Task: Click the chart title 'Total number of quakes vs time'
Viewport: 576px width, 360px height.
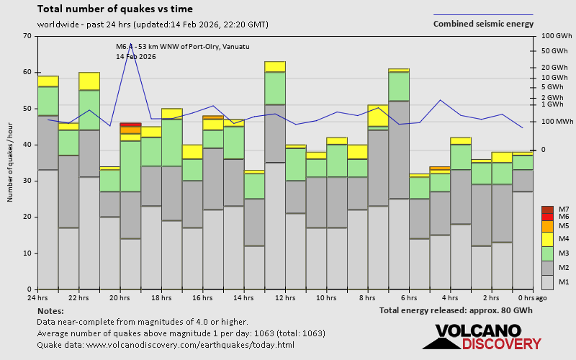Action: click(x=114, y=9)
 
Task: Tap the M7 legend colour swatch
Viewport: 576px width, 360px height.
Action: click(x=547, y=210)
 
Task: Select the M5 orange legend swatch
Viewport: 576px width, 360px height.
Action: click(x=547, y=226)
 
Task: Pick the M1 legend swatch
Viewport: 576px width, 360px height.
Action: click(x=547, y=281)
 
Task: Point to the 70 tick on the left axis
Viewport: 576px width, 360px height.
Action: click(x=27, y=36)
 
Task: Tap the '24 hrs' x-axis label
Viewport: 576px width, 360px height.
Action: click(x=37, y=297)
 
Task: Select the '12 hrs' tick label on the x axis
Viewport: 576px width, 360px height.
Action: click(x=285, y=297)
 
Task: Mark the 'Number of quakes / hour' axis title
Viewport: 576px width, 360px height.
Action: click(x=11, y=163)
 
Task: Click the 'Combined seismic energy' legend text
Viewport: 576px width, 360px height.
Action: click(x=483, y=24)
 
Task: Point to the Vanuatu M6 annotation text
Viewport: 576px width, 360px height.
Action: click(x=183, y=47)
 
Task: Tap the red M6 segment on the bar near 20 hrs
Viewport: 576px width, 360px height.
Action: click(x=130, y=125)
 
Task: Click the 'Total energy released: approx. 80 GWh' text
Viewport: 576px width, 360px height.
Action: click(x=456, y=310)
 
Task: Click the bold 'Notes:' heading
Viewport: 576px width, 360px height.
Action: click(x=50, y=310)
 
